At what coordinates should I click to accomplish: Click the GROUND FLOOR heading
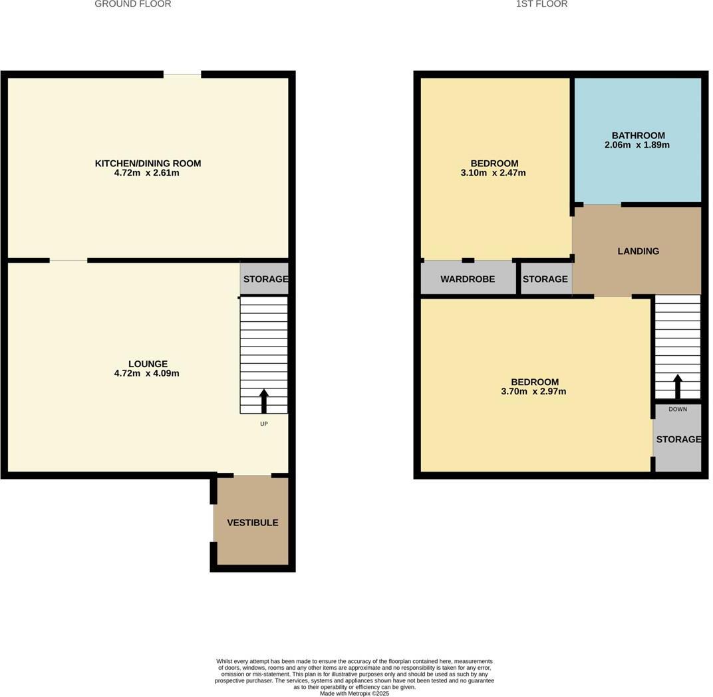132,4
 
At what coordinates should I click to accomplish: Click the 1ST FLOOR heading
541,4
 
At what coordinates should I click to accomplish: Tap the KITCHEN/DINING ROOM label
148,164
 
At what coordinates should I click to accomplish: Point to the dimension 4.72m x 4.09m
146,374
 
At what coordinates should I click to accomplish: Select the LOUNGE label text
148,364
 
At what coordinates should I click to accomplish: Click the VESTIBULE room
253,523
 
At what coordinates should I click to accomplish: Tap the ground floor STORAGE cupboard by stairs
265,279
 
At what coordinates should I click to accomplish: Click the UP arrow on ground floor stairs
264,401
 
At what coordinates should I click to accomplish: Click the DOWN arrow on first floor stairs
678,386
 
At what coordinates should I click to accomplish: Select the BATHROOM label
638,136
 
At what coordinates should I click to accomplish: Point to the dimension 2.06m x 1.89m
637,145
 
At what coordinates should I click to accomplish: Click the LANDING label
638,251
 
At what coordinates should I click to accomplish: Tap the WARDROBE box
468,279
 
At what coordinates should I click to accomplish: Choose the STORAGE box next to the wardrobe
545,279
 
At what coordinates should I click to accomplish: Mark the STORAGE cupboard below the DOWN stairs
678,440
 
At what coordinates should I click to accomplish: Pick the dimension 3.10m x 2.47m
494,173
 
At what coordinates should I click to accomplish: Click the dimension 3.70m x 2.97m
533,392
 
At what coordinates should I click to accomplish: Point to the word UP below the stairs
264,424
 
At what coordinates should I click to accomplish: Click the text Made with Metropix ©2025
355,693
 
